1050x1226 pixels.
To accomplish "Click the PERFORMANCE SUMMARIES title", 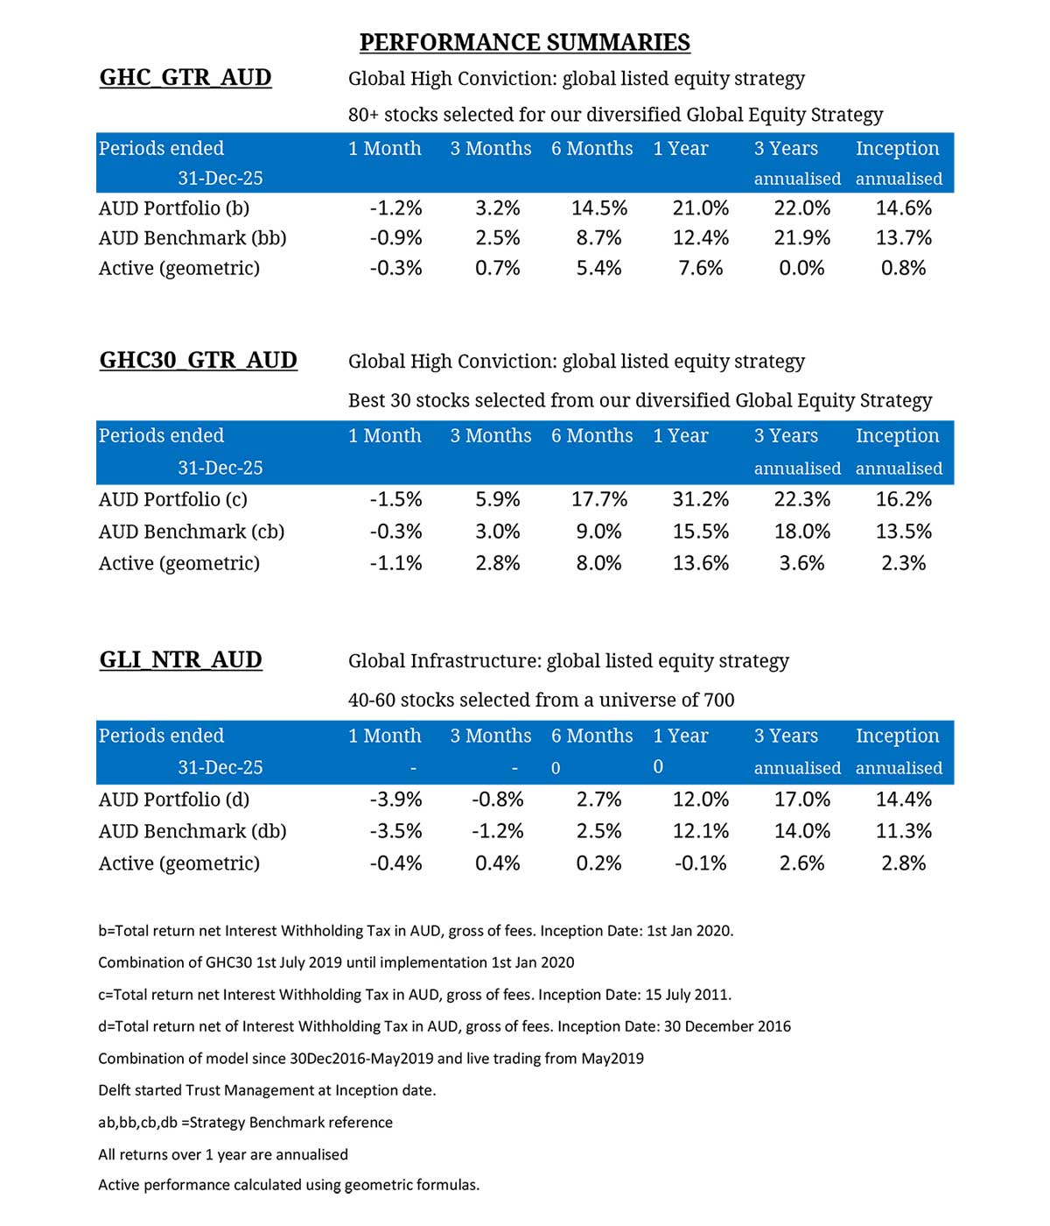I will [524, 42].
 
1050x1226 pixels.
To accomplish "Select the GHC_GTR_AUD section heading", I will [185, 77].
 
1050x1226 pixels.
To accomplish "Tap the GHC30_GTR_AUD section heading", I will [199, 360].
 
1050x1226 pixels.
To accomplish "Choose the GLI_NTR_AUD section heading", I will [180, 659].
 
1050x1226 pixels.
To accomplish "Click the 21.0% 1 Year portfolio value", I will [700, 208].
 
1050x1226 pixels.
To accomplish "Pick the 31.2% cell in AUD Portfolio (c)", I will [700, 499].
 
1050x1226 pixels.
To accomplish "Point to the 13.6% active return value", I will [700, 563].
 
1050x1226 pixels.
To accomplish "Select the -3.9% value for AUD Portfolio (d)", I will [395, 799].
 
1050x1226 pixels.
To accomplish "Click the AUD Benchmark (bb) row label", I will [192, 237].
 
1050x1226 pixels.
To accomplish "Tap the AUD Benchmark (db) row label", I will [192, 831].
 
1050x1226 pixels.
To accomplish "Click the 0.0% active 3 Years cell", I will [801, 268].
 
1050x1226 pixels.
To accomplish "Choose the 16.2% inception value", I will [903, 499].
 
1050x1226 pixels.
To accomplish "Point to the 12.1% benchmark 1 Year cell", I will [700, 831].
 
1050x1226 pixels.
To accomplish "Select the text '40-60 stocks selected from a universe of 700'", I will [541, 700].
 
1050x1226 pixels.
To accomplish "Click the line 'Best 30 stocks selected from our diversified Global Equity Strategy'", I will [640, 400].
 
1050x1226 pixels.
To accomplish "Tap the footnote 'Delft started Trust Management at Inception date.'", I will [267, 1090].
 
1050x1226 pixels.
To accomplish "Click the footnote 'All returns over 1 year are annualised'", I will [223, 1154].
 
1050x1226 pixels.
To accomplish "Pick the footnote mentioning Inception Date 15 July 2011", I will [415, 994].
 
